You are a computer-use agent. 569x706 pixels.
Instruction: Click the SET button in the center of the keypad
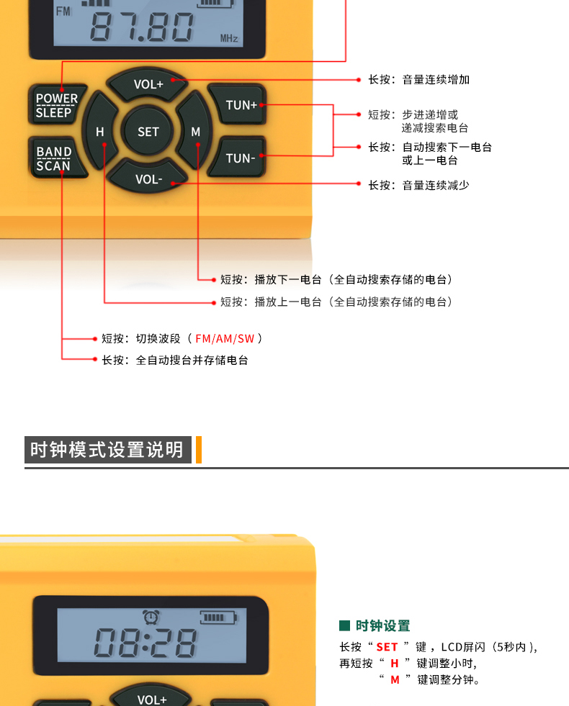(x=148, y=131)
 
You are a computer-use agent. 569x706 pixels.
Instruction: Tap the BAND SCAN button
(x=56, y=158)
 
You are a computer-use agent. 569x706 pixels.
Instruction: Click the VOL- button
(x=148, y=178)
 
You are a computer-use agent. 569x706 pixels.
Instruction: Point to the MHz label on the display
(x=229, y=39)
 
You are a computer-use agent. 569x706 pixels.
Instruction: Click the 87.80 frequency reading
(x=142, y=27)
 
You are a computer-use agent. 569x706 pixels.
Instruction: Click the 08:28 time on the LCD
(x=145, y=642)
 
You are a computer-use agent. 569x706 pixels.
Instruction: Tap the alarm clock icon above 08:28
(x=151, y=616)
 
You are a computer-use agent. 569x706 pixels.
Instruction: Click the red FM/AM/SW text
(x=225, y=338)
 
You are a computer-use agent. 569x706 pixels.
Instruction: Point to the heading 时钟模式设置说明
(x=107, y=449)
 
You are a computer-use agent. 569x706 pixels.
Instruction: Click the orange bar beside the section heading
(x=199, y=449)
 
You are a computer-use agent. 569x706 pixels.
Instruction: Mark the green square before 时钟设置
(x=345, y=625)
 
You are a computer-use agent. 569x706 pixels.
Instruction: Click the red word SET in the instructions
(x=387, y=647)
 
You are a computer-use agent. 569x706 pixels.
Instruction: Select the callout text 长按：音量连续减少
(x=418, y=185)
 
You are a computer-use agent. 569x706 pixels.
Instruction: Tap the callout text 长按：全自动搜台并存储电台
(x=175, y=361)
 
